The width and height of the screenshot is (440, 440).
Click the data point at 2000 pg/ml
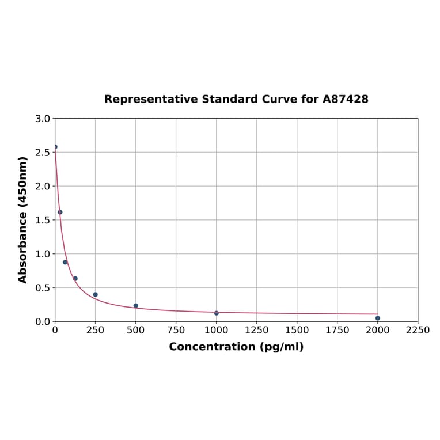click(x=378, y=318)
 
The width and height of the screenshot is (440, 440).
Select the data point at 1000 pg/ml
click(x=217, y=313)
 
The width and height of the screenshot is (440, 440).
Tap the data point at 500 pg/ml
click(x=136, y=306)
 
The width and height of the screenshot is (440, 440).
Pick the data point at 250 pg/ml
click(x=96, y=294)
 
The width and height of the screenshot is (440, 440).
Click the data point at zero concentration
click(x=55, y=147)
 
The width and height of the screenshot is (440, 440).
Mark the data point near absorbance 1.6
click(x=60, y=212)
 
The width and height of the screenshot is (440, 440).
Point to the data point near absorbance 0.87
click(x=65, y=262)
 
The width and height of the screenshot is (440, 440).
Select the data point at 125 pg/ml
click(x=75, y=279)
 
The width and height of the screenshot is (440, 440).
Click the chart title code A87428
click(x=345, y=99)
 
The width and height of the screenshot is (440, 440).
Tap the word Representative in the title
click(x=151, y=99)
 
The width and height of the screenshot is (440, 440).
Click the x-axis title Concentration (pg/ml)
click(x=236, y=347)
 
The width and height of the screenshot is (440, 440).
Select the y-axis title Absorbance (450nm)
click(x=23, y=219)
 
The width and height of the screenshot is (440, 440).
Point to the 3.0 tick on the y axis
click(x=43, y=119)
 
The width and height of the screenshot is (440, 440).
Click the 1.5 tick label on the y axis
click(x=43, y=220)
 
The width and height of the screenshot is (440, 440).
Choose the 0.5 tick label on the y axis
click(x=43, y=287)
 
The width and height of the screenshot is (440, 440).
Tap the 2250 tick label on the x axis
click(x=418, y=330)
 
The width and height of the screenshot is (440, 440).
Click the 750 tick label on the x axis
click(x=176, y=330)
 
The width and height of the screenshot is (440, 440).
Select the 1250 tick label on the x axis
click(x=256, y=330)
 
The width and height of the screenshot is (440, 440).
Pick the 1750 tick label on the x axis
click(x=337, y=330)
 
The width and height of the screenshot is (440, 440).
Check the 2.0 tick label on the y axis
click(x=43, y=186)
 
